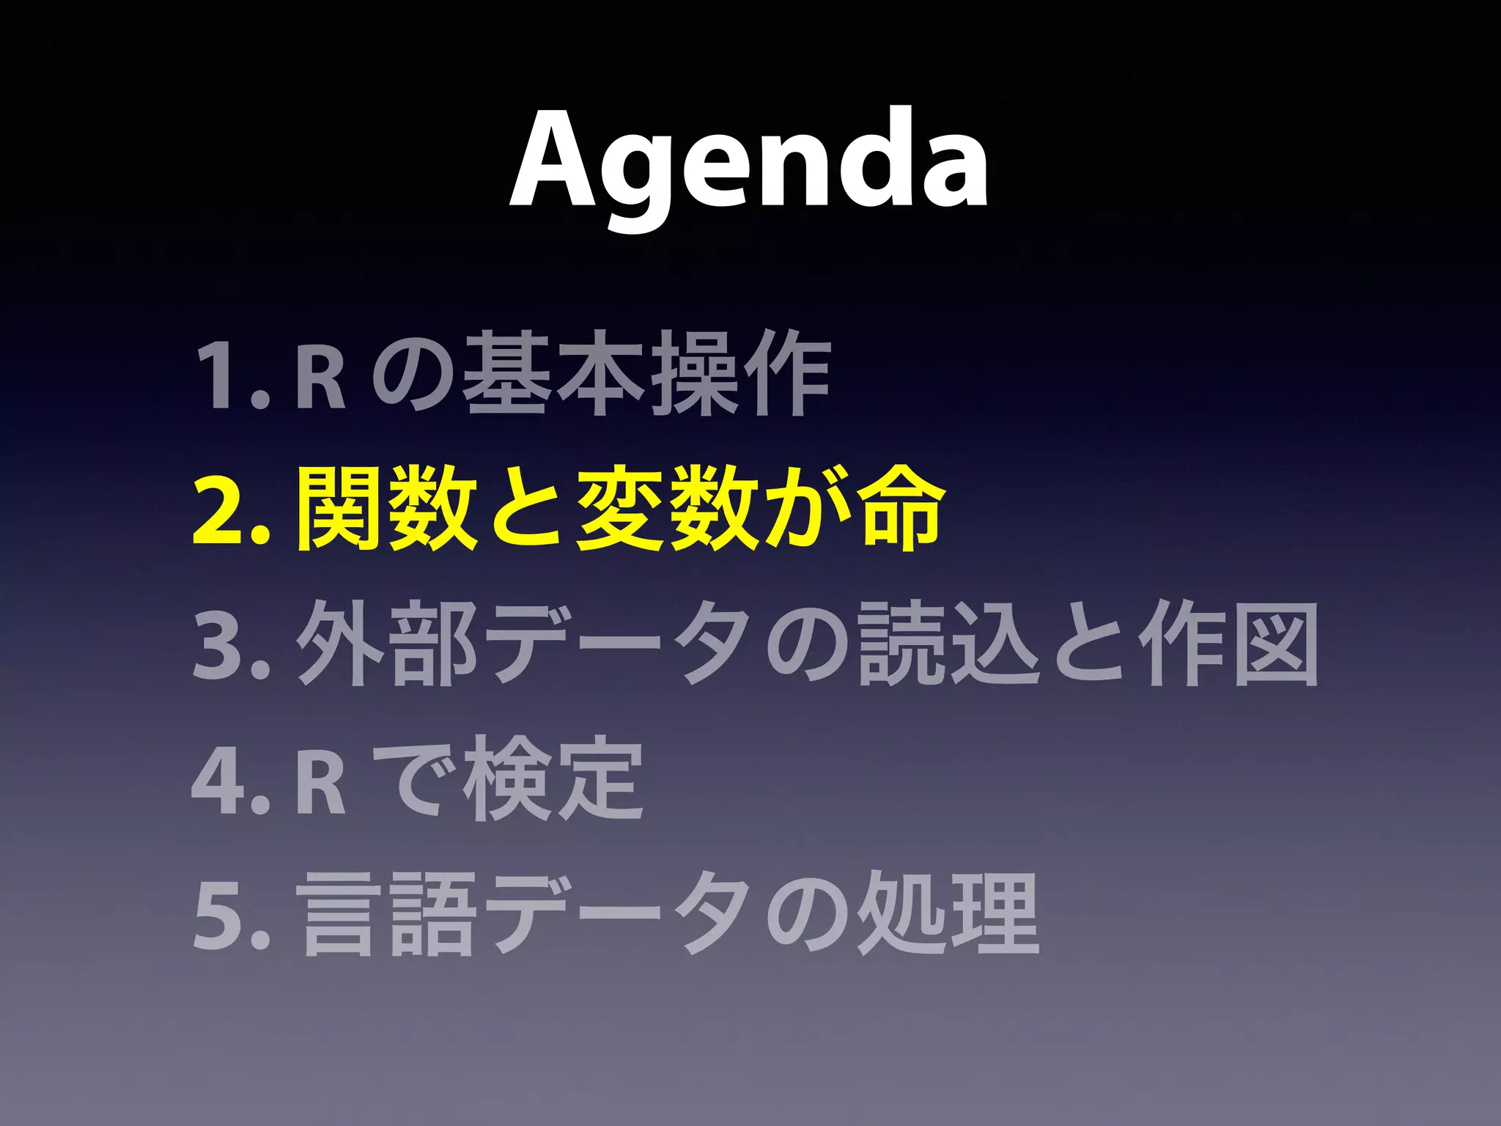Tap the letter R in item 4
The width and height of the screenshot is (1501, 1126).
321,780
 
